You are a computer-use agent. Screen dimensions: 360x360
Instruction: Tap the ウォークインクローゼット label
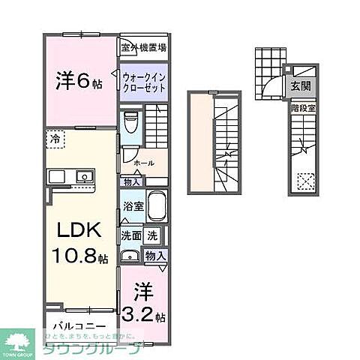click(x=143, y=82)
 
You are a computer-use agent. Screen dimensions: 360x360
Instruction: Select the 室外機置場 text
click(x=143, y=47)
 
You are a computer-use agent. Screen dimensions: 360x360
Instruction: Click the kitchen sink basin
click(x=82, y=178)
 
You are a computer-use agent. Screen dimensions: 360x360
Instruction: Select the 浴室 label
click(x=131, y=205)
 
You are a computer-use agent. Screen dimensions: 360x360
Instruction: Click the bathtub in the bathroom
click(x=157, y=205)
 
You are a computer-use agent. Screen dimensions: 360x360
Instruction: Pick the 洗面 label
click(x=130, y=235)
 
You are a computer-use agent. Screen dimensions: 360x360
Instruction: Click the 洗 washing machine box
click(x=151, y=235)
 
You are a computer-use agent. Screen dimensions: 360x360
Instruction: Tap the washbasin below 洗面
click(x=130, y=255)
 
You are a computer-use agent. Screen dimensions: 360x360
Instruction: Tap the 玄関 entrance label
click(x=300, y=85)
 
